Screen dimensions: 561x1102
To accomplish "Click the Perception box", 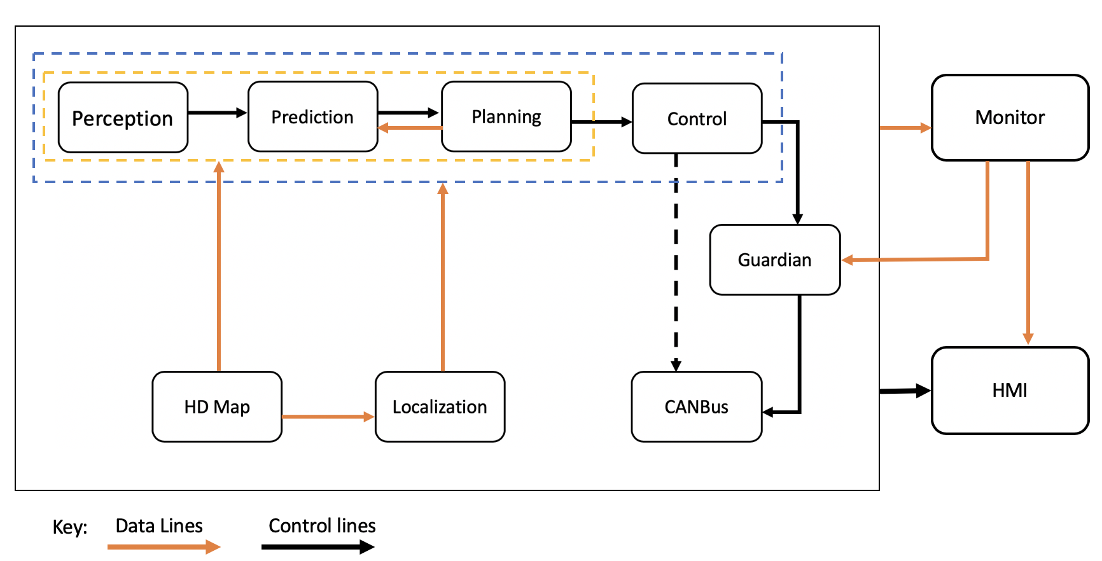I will (123, 118).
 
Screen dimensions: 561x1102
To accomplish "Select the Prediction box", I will (312, 117).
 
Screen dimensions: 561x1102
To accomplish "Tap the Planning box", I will (506, 117).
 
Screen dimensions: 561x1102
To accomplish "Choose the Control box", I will (697, 118).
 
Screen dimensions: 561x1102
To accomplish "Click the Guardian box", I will (774, 260).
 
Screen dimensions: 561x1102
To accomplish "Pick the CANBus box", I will (696, 406).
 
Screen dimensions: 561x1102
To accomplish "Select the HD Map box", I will (217, 406).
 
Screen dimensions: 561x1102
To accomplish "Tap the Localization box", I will (440, 406).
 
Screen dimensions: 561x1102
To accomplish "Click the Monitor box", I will (1010, 118).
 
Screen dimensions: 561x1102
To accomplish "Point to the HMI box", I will (1010, 390).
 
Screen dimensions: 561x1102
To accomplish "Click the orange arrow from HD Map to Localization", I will (328, 417).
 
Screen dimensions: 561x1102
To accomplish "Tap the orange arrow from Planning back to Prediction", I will (410, 128).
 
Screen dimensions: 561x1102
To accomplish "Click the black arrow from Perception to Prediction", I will (217, 113).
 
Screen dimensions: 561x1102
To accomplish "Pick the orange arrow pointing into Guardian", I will (916, 260).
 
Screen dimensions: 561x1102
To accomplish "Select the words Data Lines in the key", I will (159, 526).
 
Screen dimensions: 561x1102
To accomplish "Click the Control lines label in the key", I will (322, 526).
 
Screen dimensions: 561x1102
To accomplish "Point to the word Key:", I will (69, 527).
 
